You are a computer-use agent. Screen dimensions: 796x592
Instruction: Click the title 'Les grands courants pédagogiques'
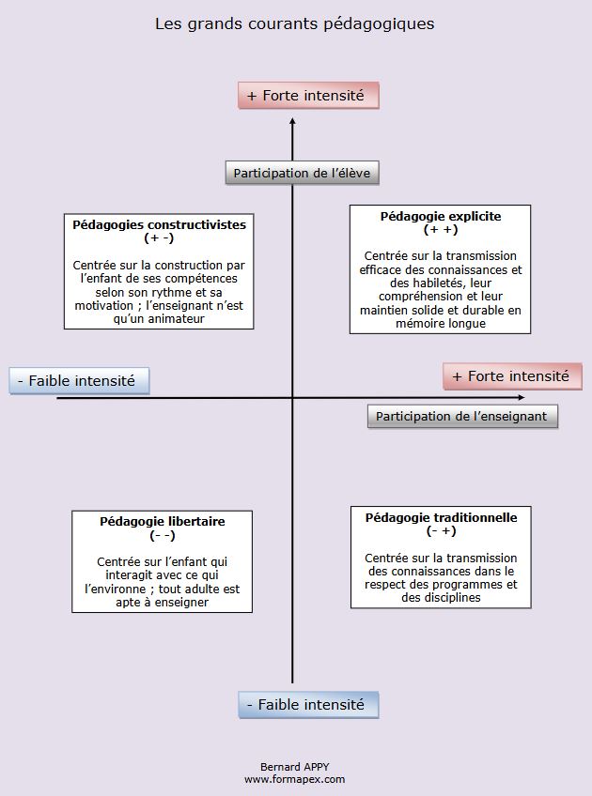tap(295, 23)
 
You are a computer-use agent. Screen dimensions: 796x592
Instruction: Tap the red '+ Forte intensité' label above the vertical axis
tap(308, 96)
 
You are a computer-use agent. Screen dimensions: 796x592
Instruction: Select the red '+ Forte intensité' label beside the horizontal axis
tap(512, 376)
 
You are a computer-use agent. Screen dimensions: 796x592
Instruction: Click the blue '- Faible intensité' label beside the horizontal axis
tap(80, 381)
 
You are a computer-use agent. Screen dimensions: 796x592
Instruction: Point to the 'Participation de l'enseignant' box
tap(461, 416)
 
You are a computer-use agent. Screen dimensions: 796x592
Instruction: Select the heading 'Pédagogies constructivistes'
tap(160, 225)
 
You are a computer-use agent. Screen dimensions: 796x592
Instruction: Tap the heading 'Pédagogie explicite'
tap(441, 217)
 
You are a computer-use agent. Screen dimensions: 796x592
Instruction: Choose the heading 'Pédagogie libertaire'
tap(163, 521)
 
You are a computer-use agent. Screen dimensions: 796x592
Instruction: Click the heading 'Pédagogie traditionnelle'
tap(442, 517)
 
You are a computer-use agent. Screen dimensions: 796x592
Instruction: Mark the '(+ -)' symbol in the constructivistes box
tap(159, 238)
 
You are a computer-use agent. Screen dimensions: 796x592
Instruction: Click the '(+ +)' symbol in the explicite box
tap(441, 230)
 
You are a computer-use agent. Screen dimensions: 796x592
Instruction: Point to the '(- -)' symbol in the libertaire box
tap(163, 535)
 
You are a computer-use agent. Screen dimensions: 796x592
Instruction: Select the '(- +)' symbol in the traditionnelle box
tap(441, 531)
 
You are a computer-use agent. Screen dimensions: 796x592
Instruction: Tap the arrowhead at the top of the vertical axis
tap(292, 123)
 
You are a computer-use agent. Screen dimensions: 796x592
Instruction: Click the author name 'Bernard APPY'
tap(294, 767)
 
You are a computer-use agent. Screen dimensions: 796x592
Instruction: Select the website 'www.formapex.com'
tap(294, 779)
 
